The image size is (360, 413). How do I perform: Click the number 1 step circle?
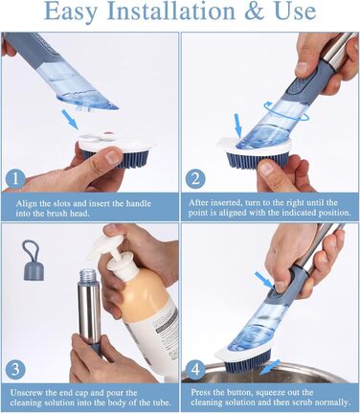tap(15, 179)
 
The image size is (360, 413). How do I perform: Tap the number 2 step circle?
tap(195, 178)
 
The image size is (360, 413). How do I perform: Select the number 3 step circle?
tap(15, 369)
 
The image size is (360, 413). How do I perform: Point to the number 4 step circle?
tap(195, 369)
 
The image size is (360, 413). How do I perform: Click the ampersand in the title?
tap(257, 11)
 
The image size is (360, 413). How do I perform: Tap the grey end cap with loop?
tap(32, 260)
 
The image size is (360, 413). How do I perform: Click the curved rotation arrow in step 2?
tap(286, 113)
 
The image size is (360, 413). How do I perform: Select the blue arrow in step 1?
tap(70, 119)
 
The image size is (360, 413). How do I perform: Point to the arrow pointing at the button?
tap(264, 279)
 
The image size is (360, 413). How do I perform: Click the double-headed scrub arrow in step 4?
tap(270, 368)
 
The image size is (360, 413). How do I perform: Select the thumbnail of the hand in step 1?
tap(112, 157)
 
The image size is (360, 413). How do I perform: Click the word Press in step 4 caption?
tap(200, 392)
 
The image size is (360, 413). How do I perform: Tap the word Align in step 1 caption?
tap(25, 203)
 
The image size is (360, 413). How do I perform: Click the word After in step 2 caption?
tap(197, 202)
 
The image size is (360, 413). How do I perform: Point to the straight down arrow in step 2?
tap(238, 126)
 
